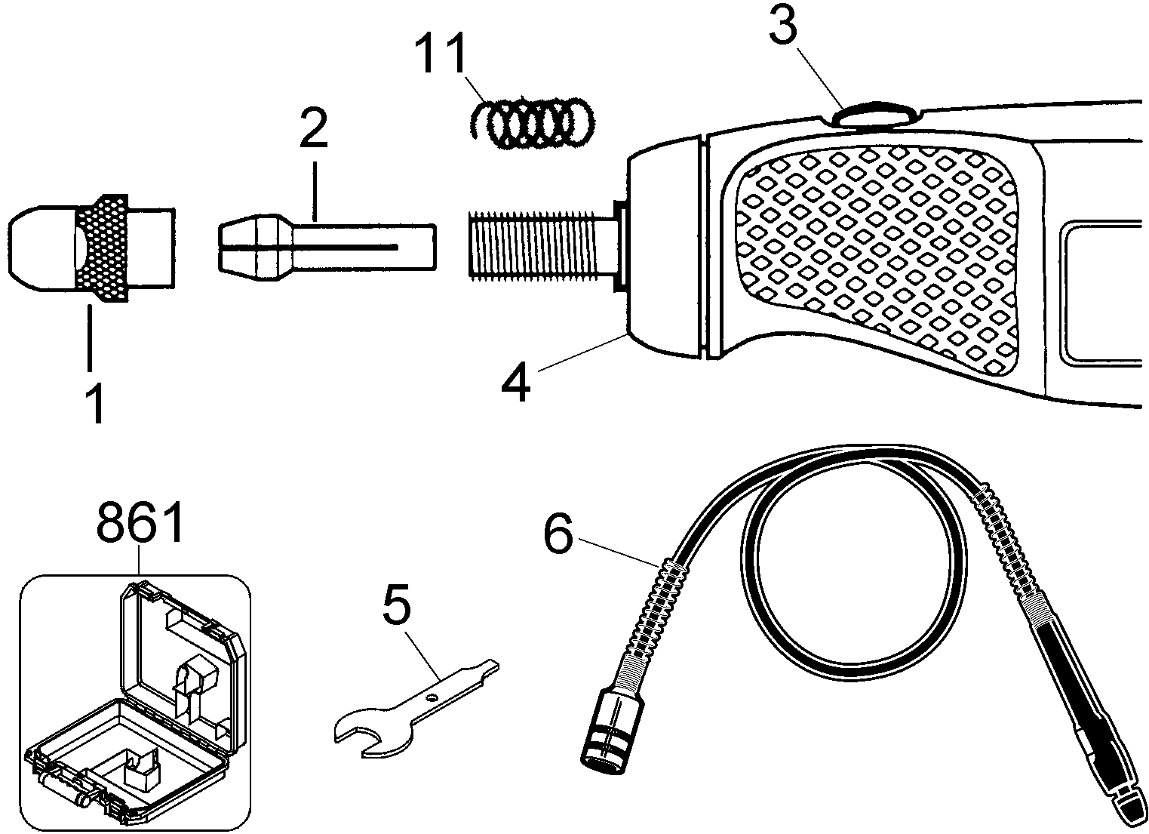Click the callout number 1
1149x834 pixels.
coord(95,404)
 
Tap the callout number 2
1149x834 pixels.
coord(314,128)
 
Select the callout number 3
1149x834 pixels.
coord(783,28)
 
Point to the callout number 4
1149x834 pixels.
coord(516,383)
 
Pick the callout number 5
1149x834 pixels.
coord(397,604)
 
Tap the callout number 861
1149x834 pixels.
coord(141,524)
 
